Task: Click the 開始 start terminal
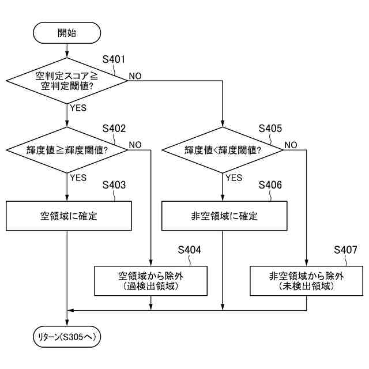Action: coord(67,33)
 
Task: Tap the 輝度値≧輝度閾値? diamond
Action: coord(67,150)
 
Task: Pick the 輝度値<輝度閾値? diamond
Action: coord(223,150)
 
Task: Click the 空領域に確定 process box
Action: coord(67,217)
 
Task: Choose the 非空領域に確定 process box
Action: coord(223,217)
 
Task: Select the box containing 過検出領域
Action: coord(150,281)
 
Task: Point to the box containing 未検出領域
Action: coord(306,281)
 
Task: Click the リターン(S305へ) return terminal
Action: coord(68,336)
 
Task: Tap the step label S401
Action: coord(114,59)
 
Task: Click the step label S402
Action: coord(114,128)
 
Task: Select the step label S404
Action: coord(190,250)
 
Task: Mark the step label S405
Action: coord(270,128)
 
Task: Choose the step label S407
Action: coord(346,250)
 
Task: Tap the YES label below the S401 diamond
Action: coord(78,108)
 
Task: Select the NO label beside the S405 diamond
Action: coord(291,145)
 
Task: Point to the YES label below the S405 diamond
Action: coord(233,178)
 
